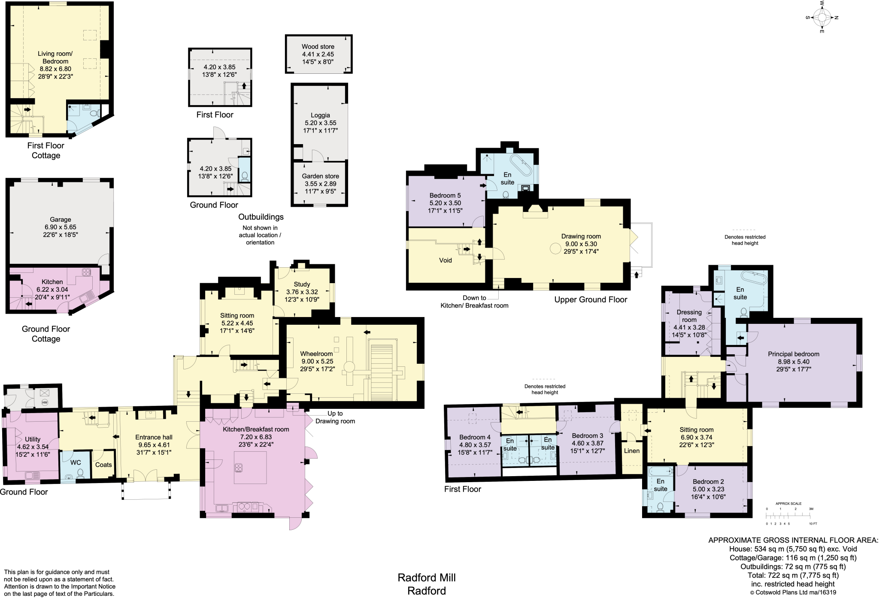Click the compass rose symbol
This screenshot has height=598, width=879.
point(821,18)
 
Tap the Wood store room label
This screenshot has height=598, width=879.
point(318,46)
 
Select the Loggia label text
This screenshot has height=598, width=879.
point(320,115)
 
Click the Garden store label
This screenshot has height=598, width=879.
point(320,176)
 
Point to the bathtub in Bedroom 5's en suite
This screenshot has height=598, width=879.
point(520,166)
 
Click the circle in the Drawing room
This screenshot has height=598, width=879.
point(555,248)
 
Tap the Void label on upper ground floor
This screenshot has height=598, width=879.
point(445,260)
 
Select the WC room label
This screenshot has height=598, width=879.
point(76,462)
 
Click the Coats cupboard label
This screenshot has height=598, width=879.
point(103,465)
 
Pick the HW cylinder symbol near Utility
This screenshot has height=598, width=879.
point(45,402)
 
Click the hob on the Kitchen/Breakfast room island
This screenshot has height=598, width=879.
point(239,467)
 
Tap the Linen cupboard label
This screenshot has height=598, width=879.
point(631,451)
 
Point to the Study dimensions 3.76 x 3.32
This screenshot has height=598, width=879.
point(302,292)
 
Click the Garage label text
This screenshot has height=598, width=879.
point(60,219)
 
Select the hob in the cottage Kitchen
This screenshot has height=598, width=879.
point(86,272)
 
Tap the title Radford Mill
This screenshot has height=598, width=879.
point(426,577)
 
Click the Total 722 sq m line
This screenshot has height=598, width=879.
point(793,575)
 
